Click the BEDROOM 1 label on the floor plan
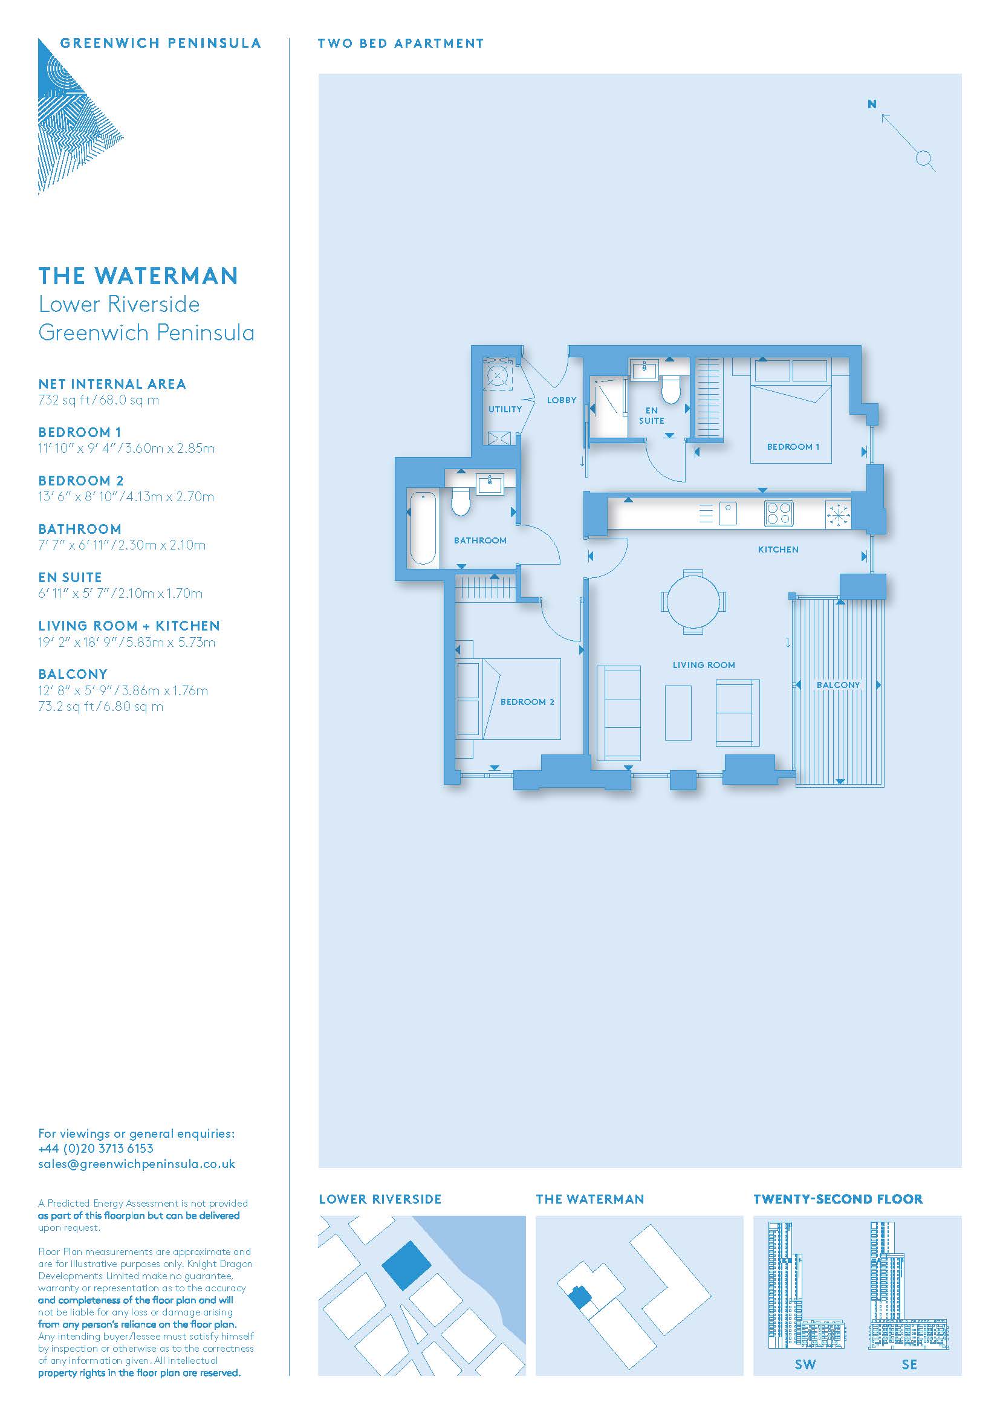pos(793,447)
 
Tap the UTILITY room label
pos(505,409)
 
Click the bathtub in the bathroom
pos(423,527)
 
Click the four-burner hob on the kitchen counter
pos(779,514)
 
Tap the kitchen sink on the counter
pos(728,514)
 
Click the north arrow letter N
pos(872,105)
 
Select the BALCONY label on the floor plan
pos(838,685)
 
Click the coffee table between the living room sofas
pos(678,712)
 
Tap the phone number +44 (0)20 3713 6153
pos(96,1148)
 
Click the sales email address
pos(137,1164)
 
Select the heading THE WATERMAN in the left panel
pos(138,276)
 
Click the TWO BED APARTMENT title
pos(401,44)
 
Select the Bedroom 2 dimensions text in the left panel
pos(126,497)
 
